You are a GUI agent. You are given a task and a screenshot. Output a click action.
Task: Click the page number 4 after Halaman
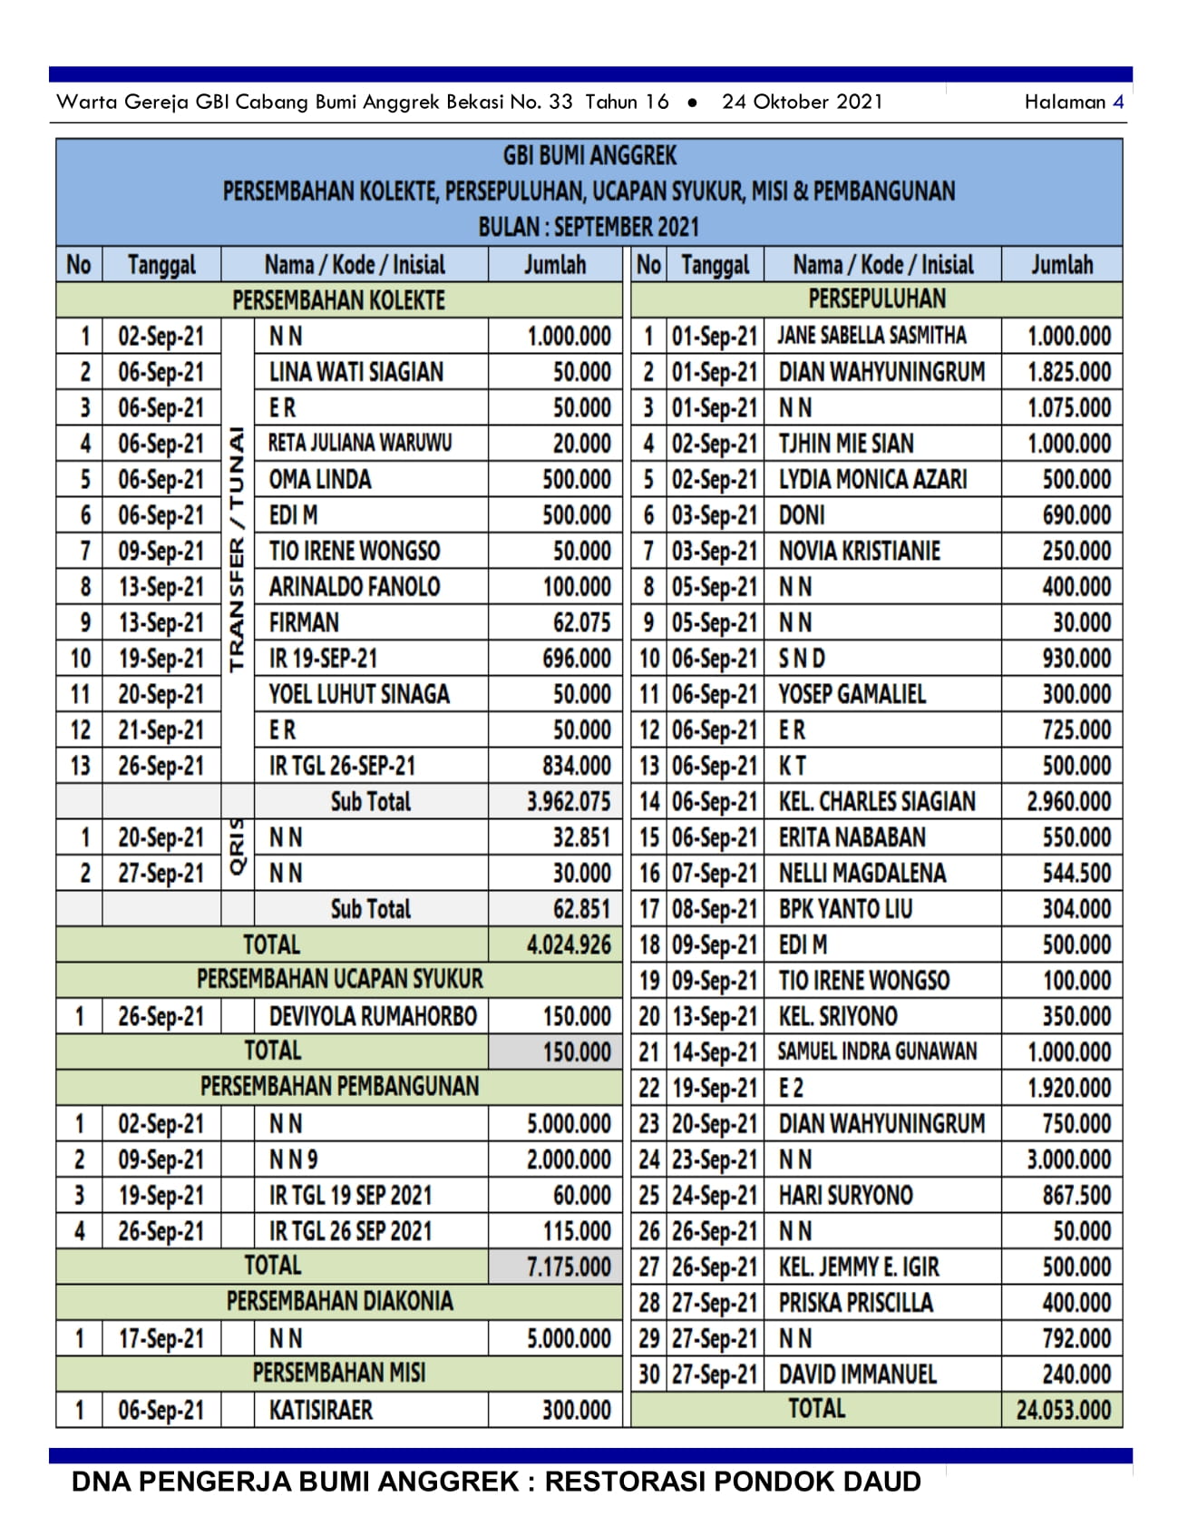(1118, 102)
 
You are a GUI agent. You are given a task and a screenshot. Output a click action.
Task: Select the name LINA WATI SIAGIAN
(355, 372)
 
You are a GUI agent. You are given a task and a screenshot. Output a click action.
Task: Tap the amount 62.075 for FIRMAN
(581, 623)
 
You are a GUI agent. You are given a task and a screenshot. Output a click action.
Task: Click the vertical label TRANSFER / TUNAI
(238, 550)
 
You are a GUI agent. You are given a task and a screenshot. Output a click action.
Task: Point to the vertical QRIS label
(238, 846)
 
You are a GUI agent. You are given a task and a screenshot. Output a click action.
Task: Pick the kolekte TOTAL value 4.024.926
(569, 945)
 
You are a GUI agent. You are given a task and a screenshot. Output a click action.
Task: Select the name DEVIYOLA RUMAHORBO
(373, 1016)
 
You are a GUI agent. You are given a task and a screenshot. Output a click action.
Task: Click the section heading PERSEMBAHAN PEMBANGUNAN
(339, 1087)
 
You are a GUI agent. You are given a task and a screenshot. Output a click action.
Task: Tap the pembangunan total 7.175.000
(569, 1267)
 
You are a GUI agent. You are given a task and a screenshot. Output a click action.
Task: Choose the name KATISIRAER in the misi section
(321, 1411)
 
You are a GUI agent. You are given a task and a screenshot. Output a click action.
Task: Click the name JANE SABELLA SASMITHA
(871, 336)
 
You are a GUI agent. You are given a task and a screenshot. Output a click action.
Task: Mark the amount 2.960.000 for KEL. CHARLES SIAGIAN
(1068, 802)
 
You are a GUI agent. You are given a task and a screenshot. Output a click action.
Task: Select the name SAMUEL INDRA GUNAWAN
(877, 1052)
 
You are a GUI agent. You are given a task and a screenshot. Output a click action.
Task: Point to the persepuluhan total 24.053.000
(1063, 1411)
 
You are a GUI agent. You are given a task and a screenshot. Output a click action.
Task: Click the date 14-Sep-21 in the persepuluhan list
(715, 1052)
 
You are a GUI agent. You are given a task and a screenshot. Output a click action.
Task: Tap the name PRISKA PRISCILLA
(855, 1303)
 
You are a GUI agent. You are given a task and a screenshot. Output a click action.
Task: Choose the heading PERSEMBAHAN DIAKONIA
(339, 1302)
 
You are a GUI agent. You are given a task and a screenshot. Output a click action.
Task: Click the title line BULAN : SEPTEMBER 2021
(589, 227)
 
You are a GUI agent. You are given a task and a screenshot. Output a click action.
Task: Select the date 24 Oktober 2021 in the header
(802, 102)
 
